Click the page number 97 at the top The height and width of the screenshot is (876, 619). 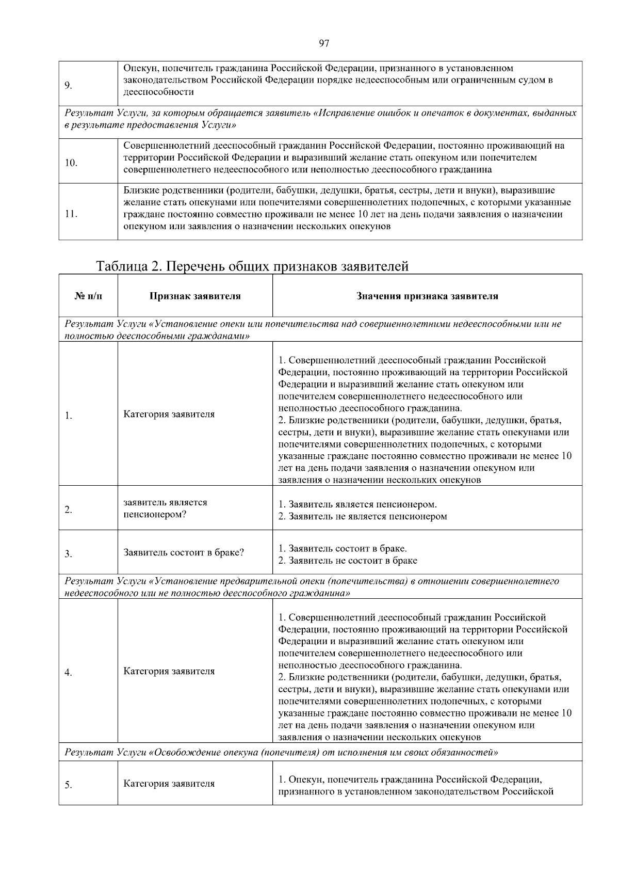click(x=324, y=43)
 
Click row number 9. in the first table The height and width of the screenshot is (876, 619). click(x=68, y=86)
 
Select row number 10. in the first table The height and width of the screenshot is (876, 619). click(x=71, y=163)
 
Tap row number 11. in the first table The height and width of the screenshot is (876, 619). click(x=71, y=214)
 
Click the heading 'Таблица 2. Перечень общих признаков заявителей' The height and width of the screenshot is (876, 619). click(x=252, y=266)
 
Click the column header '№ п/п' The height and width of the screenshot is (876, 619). click(x=88, y=296)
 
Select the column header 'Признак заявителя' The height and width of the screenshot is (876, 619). click(x=195, y=296)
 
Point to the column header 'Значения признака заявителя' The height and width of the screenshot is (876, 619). click(x=427, y=296)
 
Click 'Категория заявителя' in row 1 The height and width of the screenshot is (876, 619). click(x=169, y=414)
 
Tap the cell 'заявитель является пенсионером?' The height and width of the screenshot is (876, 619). click(x=165, y=508)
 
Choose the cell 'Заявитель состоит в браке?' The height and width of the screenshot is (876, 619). click(x=184, y=552)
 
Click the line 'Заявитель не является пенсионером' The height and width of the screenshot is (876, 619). click(x=367, y=516)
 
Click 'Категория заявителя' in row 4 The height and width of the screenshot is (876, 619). click(x=169, y=671)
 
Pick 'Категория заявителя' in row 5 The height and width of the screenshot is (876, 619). click(x=169, y=784)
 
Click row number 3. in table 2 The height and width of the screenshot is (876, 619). click(x=68, y=554)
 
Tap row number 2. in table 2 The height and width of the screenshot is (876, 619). click(x=68, y=510)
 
